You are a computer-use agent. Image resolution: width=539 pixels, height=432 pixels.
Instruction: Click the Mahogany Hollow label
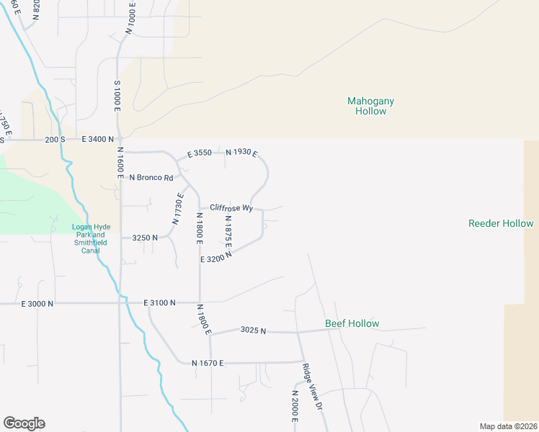[370, 107]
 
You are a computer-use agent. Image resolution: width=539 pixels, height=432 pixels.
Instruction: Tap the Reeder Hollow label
[501, 223]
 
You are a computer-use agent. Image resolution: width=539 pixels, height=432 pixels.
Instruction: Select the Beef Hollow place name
[352, 323]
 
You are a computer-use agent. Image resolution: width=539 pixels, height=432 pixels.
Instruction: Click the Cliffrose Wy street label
[231, 208]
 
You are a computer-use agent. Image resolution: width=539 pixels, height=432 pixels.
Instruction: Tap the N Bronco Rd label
[151, 177]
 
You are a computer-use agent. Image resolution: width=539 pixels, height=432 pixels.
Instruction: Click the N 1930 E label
[241, 153]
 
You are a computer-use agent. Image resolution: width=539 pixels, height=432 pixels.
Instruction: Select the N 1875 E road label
[228, 233]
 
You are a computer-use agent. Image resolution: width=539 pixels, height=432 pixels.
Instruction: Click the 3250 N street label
[145, 237]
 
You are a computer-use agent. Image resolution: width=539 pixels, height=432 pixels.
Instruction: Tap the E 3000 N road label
[37, 304]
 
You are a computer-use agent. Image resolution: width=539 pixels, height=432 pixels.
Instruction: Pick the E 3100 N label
[159, 303]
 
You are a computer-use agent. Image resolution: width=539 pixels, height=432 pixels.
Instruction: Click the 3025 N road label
[253, 330]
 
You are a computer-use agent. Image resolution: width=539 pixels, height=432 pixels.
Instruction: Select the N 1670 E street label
[208, 364]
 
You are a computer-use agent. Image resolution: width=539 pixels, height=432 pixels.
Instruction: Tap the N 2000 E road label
[295, 407]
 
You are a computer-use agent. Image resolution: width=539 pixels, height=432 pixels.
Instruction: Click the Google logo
[24, 423]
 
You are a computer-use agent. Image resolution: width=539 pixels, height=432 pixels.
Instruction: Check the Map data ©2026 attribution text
[508, 426]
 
